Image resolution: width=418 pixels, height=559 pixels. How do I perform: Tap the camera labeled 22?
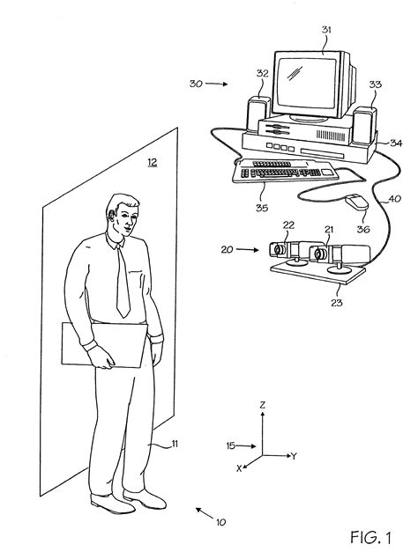288,249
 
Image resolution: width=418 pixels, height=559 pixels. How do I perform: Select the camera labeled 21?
323,255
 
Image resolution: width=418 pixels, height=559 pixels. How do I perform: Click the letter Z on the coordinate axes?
264,404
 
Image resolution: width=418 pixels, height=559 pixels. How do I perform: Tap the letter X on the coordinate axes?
239,468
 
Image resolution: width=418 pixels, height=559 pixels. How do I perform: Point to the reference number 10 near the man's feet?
220,521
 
